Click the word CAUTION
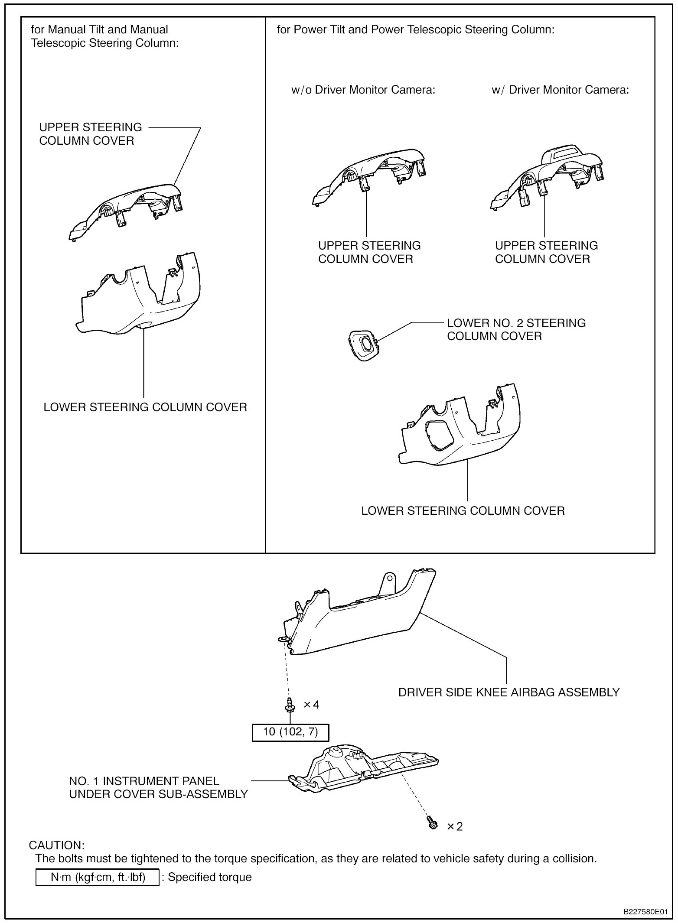(56, 845)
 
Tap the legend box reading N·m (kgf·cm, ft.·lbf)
(98, 877)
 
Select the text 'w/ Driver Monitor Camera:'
(560, 90)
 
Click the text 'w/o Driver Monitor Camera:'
(363, 90)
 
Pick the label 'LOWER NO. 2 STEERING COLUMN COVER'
(516, 329)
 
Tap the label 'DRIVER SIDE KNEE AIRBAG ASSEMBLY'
(509, 692)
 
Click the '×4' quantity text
(311, 705)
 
